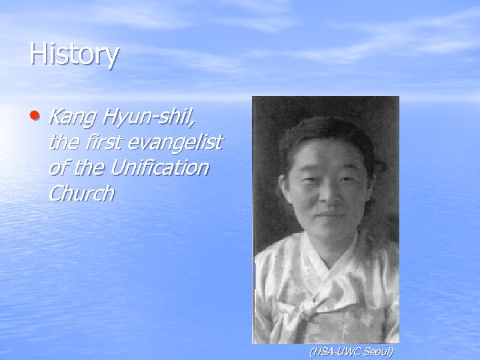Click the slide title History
click(74, 55)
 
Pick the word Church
click(81, 193)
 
